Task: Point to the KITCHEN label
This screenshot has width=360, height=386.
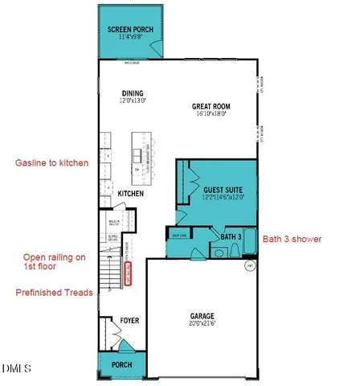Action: click(x=131, y=194)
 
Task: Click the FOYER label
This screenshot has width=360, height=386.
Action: click(x=129, y=320)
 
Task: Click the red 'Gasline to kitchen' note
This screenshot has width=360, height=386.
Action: click(x=51, y=163)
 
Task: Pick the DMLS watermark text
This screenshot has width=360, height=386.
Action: click(x=17, y=369)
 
